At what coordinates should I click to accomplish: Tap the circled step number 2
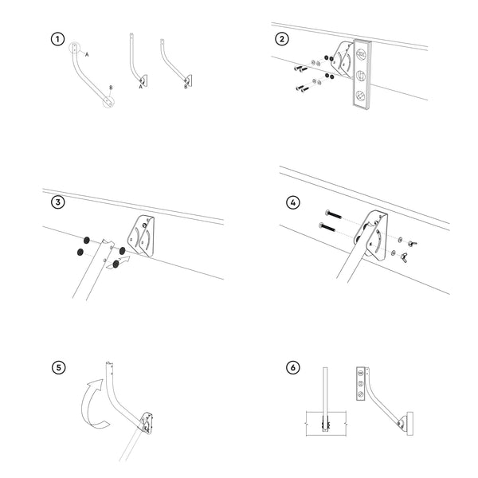(282, 40)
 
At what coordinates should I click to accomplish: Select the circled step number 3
(57, 202)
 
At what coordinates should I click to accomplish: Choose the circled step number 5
(58, 367)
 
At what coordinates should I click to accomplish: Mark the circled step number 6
(293, 368)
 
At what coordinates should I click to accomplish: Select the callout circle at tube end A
(74, 49)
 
